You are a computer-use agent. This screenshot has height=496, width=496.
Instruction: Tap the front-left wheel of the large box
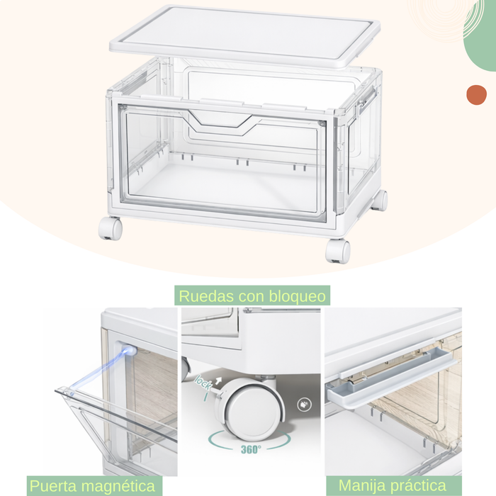(110, 227)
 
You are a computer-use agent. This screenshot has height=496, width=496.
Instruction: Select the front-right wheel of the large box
(338, 250)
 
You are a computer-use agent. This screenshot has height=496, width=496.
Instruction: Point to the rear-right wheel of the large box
(380, 200)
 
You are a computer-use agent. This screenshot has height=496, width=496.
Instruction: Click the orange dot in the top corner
(476, 95)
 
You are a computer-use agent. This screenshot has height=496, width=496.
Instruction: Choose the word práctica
(424, 486)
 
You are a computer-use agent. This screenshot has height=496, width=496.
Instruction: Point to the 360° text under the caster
(250, 449)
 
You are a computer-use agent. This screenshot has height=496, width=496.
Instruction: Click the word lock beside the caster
(203, 383)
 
